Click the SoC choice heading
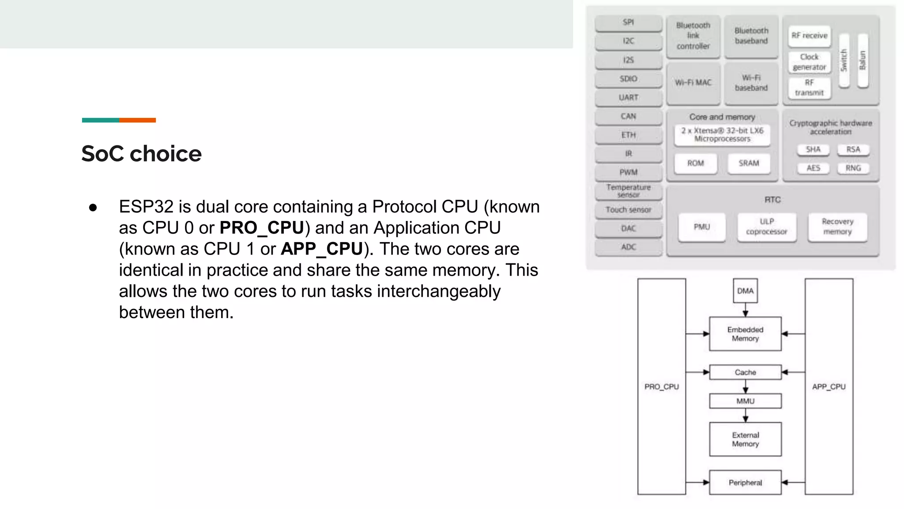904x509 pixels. tap(141, 154)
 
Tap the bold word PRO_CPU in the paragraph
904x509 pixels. tap(262, 228)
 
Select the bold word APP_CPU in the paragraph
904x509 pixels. tap(322, 249)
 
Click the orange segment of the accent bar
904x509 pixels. tap(137, 120)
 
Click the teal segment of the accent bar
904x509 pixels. tap(100, 120)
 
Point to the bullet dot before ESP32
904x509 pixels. tap(93, 207)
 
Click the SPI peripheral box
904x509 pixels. tap(628, 23)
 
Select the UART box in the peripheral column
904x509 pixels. tap(628, 98)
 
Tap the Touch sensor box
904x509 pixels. tap(628, 210)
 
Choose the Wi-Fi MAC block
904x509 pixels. tap(693, 83)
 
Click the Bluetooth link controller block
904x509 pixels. tap(693, 36)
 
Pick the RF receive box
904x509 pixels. tap(809, 36)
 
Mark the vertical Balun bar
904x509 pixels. tap(863, 61)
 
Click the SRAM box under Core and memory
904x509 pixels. tap(749, 163)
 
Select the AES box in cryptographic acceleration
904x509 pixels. tap(813, 168)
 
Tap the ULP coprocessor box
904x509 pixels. tap(767, 227)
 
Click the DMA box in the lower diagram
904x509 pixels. tap(745, 291)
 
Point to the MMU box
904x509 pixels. tap(745, 401)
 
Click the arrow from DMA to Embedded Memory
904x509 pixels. tap(745, 310)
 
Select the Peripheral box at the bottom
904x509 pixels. tap(745, 482)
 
